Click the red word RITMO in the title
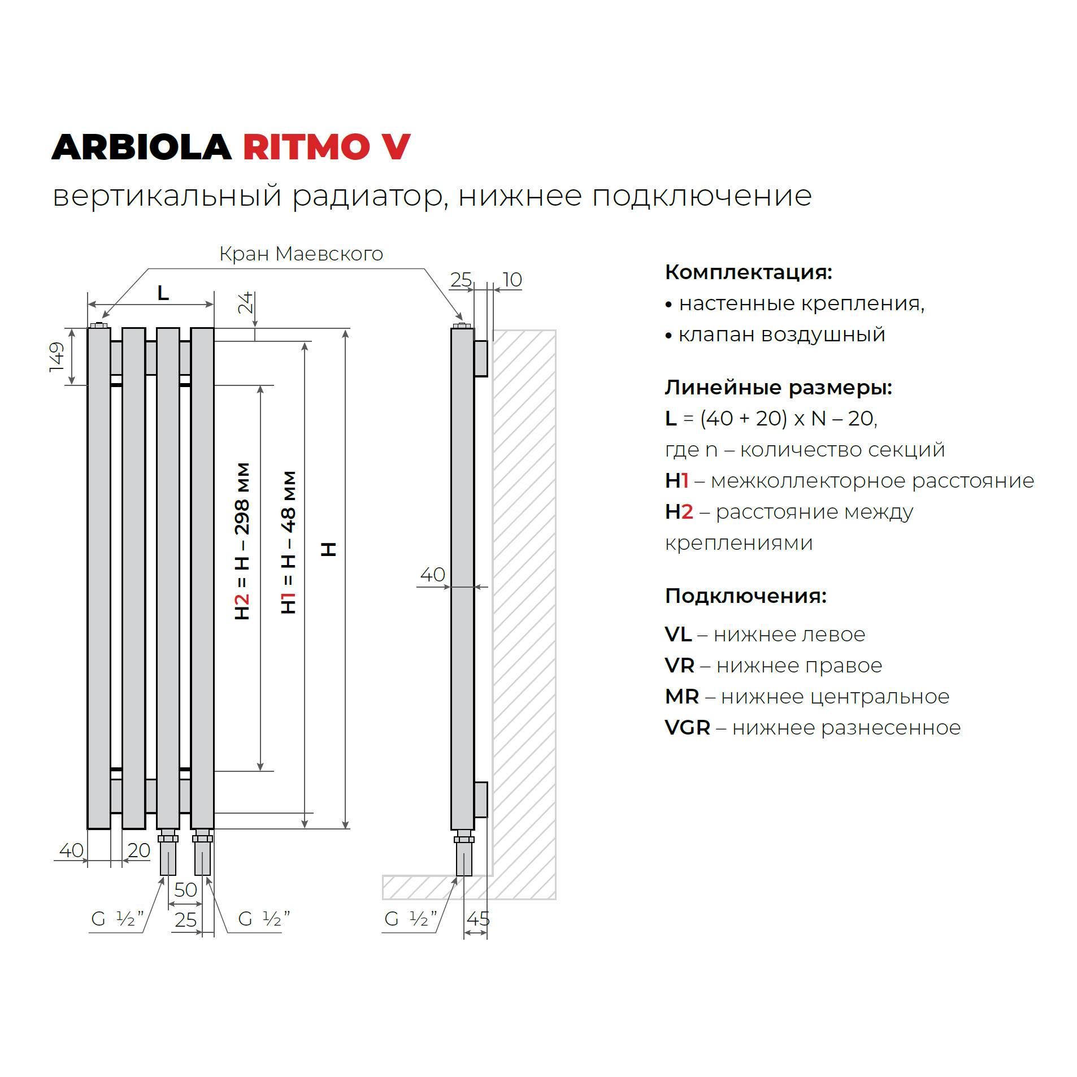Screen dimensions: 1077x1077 tap(305, 147)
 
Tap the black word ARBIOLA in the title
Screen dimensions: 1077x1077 tap(141, 147)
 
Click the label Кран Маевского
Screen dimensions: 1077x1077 tap(301, 254)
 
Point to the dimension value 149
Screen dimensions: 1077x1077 tap(57, 356)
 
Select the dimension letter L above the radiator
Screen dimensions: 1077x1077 tap(163, 293)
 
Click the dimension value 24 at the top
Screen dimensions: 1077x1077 tap(245, 302)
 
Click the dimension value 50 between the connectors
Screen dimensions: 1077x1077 tap(185, 889)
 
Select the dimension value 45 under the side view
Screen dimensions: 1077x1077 tap(477, 918)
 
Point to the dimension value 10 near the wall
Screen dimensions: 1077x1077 tap(512, 280)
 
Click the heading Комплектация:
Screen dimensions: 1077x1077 tap(748, 272)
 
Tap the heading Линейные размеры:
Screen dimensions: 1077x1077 tap(778, 387)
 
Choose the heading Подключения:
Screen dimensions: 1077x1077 tap(745, 596)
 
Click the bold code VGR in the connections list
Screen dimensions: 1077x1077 tap(687, 727)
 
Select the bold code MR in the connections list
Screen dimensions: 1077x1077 tap(682, 696)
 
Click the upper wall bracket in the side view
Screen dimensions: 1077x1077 tap(480, 358)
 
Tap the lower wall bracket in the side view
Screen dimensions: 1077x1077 tap(480, 799)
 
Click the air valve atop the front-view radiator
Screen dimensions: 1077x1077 tap(99, 325)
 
